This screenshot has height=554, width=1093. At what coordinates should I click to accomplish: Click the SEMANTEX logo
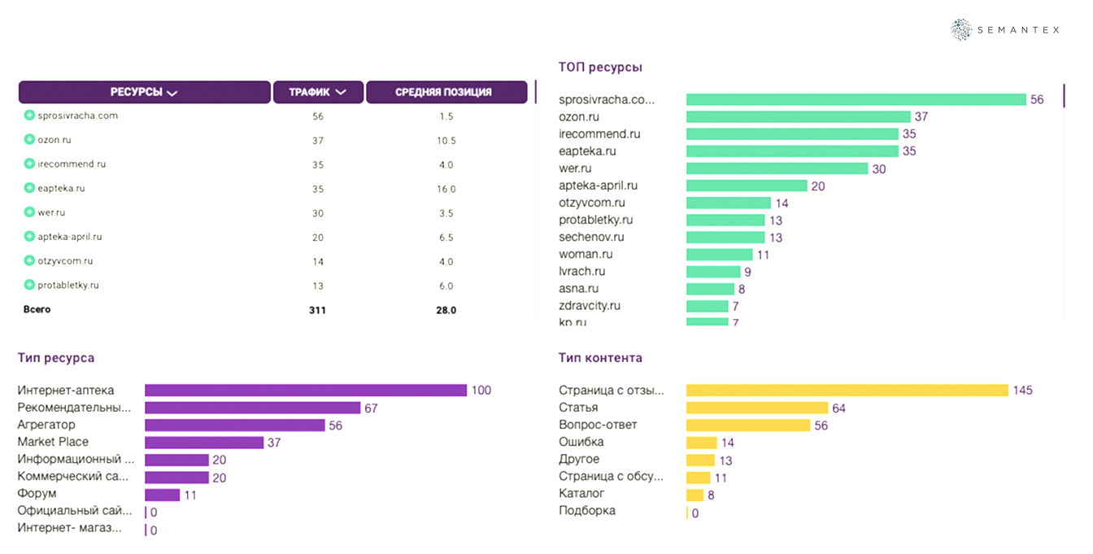1005,29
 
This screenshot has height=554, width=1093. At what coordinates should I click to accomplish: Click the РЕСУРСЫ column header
144,92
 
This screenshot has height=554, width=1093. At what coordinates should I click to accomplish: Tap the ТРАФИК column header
317,92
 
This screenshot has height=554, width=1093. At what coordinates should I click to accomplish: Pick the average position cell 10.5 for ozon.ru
446,141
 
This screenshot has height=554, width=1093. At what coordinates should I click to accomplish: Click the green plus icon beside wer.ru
29,212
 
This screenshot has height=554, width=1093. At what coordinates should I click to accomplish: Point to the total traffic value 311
317,310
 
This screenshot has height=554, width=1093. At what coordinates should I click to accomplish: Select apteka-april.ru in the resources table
69,237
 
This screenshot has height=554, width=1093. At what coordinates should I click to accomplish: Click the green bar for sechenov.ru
725,238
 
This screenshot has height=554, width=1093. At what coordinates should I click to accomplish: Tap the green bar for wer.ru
777,168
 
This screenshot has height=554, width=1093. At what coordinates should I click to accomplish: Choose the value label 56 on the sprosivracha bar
1037,100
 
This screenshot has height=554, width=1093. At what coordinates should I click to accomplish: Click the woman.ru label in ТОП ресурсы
585,255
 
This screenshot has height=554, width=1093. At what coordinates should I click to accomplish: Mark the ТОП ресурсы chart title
600,68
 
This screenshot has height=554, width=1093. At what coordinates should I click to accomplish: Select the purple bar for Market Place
204,443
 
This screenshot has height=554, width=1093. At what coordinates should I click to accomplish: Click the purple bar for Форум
162,495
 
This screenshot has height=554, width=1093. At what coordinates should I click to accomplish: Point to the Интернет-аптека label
66,390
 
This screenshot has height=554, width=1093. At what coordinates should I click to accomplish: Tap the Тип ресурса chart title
56,358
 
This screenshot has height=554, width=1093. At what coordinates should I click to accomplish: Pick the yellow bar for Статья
757,408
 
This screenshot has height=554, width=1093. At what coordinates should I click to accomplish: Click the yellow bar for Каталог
695,495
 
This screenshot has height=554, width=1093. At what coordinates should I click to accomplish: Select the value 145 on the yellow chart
1022,390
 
